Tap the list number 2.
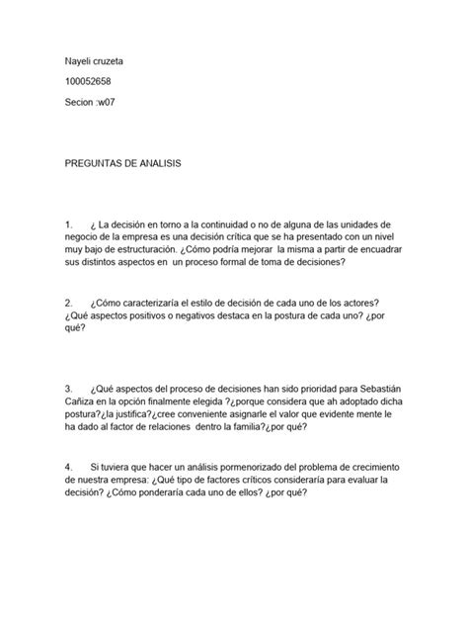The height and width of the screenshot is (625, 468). [67, 303]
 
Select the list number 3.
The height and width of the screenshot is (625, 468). [67, 391]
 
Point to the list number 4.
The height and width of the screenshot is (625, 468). [67, 466]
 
